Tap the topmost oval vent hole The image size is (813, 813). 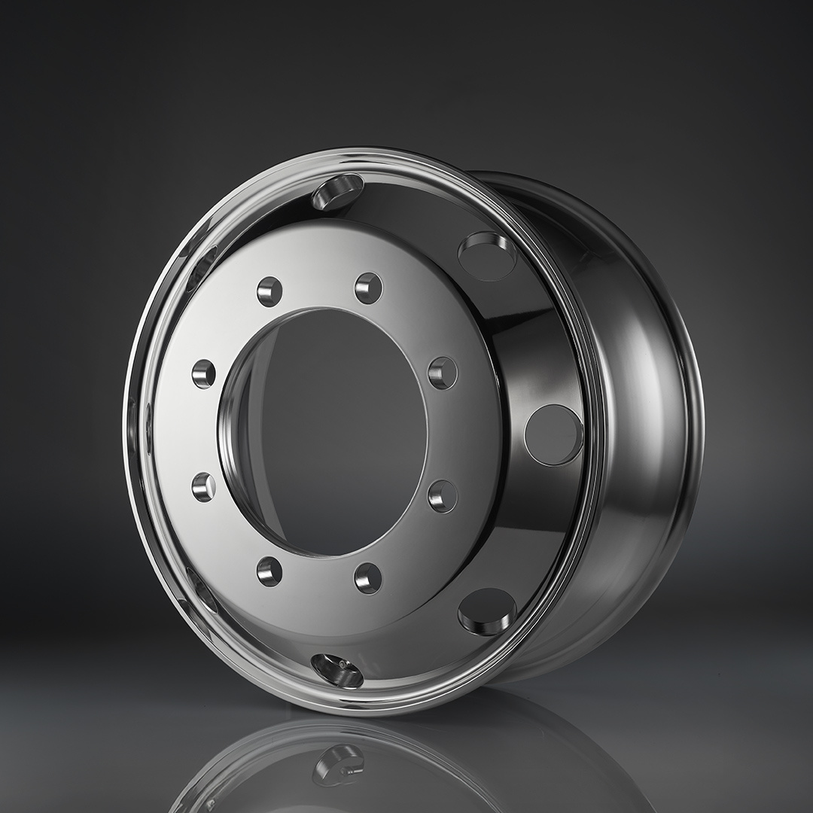click(337, 191)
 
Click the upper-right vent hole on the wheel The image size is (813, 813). click(488, 256)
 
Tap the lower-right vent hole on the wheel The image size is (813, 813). click(487, 611)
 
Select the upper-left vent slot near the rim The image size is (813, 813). click(205, 260)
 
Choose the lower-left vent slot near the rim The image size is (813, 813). click(202, 589)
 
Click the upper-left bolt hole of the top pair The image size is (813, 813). click(269, 291)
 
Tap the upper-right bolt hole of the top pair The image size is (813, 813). click(368, 288)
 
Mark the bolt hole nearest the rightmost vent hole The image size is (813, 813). click(442, 373)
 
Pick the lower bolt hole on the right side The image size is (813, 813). click(442, 496)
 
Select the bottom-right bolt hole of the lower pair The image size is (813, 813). click(368, 577)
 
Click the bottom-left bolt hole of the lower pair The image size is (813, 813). click(269, 571)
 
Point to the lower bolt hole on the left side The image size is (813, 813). click(203, 487)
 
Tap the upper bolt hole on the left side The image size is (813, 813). click(203, 373)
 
